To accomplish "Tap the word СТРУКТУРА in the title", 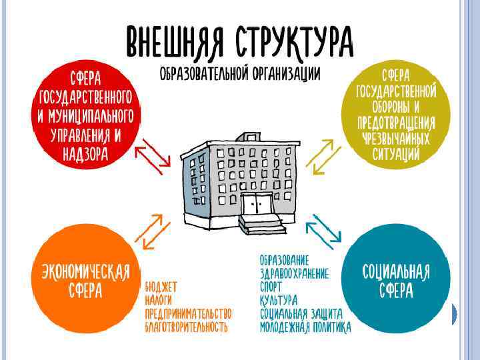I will (293, 41).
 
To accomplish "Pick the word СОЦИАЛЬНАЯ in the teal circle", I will (396, 272).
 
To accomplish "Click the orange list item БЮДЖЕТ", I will (161, 287).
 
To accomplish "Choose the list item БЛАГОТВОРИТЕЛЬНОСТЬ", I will (186, 327).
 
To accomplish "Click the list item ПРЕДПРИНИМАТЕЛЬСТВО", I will (188, 313).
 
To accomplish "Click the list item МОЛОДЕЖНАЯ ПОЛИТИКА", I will (305, 327).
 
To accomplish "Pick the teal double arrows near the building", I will (323, 229).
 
